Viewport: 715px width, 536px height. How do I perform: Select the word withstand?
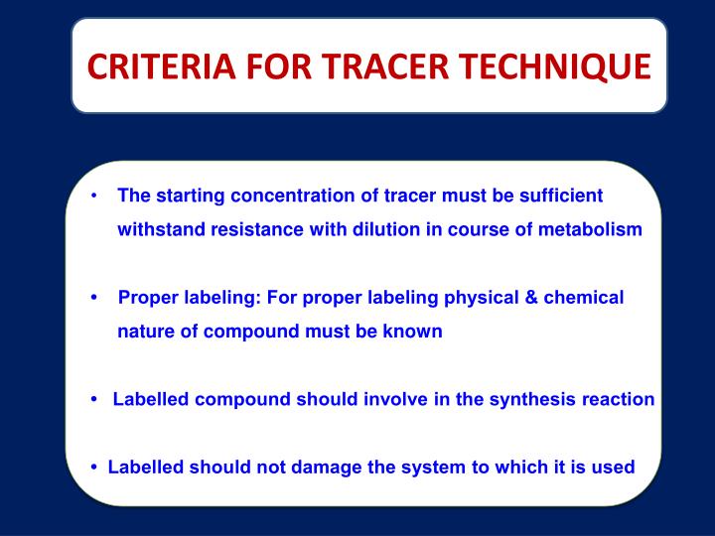pos(159,229)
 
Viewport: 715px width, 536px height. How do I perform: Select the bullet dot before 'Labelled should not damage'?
pos(93,467)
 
